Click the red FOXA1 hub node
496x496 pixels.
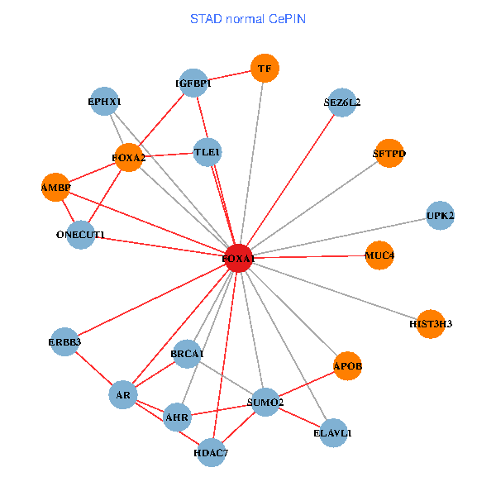tap(238, 258)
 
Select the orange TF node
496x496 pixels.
tap(265, 69)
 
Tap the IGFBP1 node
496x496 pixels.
tap(193, 83)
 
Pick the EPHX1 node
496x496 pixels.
tap(104, 102)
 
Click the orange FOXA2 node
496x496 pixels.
tap(128, 157)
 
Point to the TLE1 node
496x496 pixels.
tap(207, 152)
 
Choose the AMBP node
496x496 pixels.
tap(55, 188)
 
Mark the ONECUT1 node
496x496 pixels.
tap(80, 235)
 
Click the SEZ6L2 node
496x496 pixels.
tap(341, 103)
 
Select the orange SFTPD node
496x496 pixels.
tap(389, 153)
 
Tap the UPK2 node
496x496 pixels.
tap(440, 216)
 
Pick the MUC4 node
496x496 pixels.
tap(379, 255)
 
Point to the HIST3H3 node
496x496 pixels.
tap(431, 324)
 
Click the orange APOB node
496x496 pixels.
tap(348, 365)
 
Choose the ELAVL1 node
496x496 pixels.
tap(333, 432)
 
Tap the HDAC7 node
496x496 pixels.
tap(211, 452)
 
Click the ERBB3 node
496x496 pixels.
tap(64, 341)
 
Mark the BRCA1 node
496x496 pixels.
tap(187, 354)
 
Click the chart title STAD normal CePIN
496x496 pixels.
tap(248, 18)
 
